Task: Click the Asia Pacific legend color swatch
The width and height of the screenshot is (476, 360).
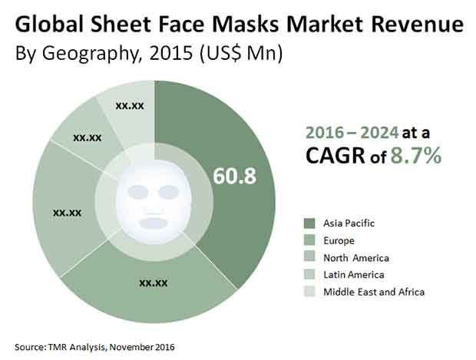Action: click(310, 223)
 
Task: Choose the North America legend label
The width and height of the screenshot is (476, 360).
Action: click(356, 258)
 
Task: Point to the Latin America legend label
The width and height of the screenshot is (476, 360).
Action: click(354, 275)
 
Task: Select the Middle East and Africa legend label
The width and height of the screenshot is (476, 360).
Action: click(374, 292)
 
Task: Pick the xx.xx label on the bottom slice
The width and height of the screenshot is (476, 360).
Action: click(154, 282)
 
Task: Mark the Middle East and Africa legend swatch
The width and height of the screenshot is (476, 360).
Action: click(310, 292)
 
